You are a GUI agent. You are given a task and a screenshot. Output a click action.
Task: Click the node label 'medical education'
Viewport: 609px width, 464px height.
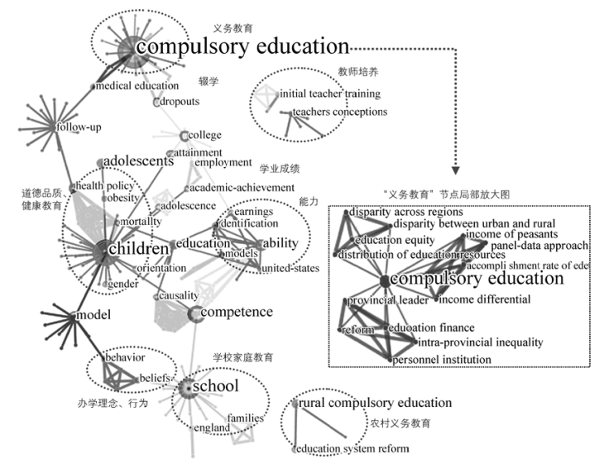(137, 85)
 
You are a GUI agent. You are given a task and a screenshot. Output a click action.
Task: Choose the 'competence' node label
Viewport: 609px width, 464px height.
(237, 312)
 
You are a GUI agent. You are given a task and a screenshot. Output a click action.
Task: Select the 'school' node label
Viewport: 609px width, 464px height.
(215, 385)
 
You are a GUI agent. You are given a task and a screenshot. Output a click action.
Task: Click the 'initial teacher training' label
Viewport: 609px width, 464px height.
(333, 93)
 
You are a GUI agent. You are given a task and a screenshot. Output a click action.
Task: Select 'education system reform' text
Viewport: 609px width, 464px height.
(353, 448)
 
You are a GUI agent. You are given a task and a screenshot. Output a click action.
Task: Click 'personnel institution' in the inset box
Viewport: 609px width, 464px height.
(442, 359)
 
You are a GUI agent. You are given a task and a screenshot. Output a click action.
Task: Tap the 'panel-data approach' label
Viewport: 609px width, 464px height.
(539, 246)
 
